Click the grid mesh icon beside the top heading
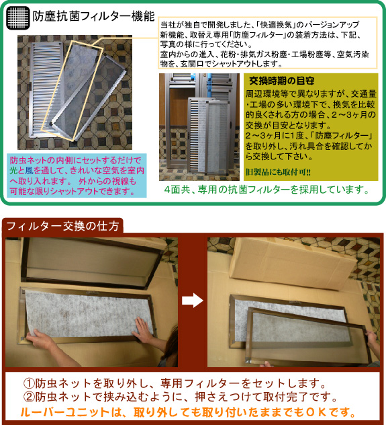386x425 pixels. pyautogui.click(x=18, y=17)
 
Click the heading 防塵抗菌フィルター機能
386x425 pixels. pyautogui.click(x=93, y=16)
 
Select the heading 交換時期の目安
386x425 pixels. pyautogui.click(x=281, y=81)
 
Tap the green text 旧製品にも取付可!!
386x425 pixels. pyautogui.click(x=278, y=172)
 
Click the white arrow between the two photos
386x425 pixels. pyautogui.click(x=192, y=301)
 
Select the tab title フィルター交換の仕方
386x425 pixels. pyautogui.click(x=62, y=226)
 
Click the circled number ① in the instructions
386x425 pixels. pyautogui.click(x=29, y=383)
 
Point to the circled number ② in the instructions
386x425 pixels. pyautogui.click(x=29, y=397)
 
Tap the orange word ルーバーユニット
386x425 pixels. pyautogui.click(x=65, y=412)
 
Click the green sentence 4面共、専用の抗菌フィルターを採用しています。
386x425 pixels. pyautogui.click(x=267, y=190)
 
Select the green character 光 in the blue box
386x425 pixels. pyautogui.click(x=13, y=171)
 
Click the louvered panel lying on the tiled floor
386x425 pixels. pyautogui.click(x=46, y=89)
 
